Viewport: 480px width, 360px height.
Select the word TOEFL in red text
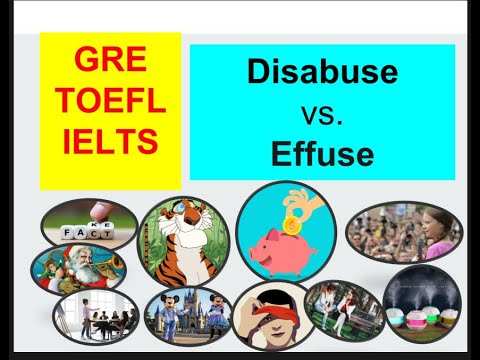110,102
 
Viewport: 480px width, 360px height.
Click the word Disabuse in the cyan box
321,72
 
